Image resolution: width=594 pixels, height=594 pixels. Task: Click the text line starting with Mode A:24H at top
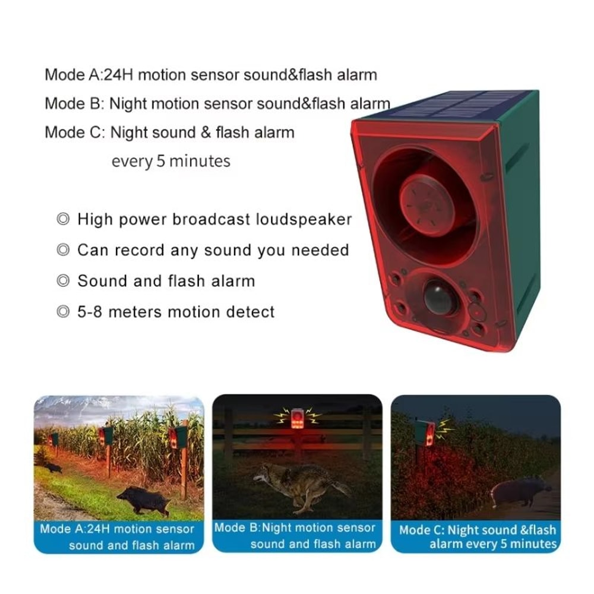click(210, 75)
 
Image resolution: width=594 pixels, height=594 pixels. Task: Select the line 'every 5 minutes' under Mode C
click(170, 161)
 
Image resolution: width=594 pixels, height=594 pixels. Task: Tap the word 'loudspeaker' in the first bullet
click(304, 219)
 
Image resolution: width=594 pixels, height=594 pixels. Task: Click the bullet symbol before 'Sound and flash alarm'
click(63, 281)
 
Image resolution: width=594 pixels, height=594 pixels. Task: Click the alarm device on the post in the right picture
click(426, 432)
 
